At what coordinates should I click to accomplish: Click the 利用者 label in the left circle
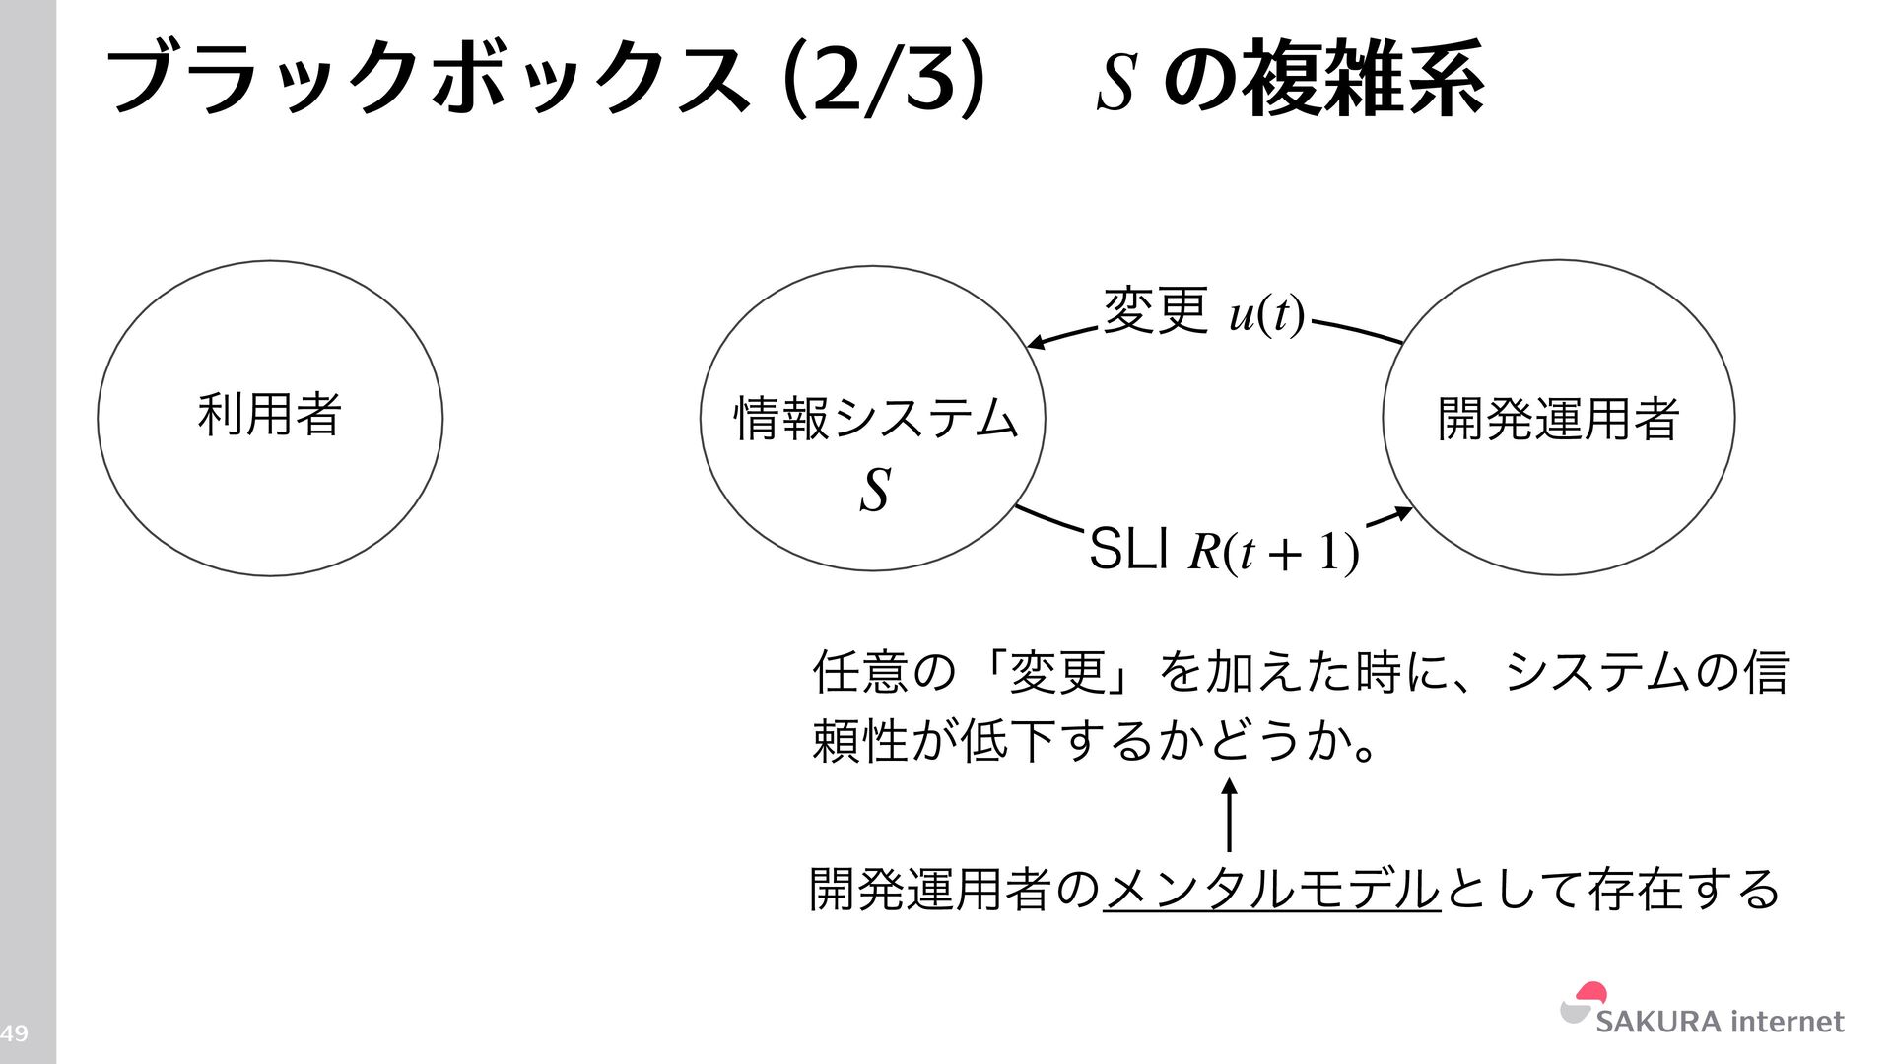point(269,414)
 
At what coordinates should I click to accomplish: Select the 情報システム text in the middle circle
point(875,418)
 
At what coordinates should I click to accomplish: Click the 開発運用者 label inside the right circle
point(1558,418)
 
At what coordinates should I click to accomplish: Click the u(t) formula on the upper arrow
point(1267,315)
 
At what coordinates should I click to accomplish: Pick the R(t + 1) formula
point(1274,552)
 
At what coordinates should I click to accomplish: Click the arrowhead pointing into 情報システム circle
point(1035,343)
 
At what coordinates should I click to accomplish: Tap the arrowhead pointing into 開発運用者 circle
point(1403,513)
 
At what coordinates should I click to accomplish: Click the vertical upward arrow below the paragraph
point(1229,815)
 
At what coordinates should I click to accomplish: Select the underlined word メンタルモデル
point(1271,889)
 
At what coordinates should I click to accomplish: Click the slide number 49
point(14,1033)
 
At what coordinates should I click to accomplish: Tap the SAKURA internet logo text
point(1720,1022)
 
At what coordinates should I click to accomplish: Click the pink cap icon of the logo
point(1591,993)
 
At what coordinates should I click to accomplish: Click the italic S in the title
point(1117,83)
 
